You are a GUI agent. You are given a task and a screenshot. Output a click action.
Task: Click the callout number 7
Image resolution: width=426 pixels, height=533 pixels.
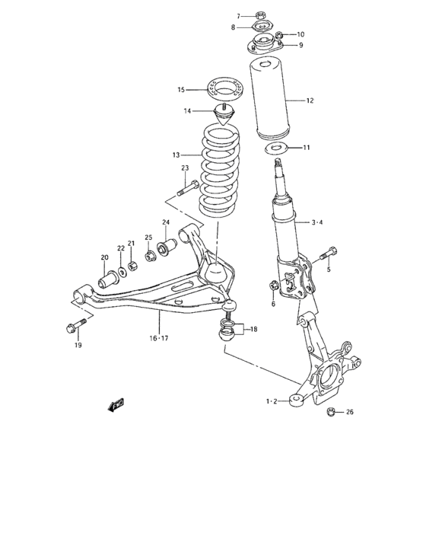pyautogui.click(x=238, y=15)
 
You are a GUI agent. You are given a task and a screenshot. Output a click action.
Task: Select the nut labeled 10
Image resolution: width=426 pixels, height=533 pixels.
pyautogui.click(x=280, y=35)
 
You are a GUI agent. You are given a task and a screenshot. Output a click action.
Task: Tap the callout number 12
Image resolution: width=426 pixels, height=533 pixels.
pyautogui.click(x=310, y=100)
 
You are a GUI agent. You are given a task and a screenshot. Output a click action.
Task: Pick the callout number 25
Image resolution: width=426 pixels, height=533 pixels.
pyautogui.click(x=149, y=237)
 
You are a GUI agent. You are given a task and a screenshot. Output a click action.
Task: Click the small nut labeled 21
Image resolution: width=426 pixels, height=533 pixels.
pyautogui.click(x=133, y=266)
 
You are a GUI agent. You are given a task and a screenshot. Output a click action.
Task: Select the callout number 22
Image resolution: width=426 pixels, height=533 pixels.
pyautogui.click(x=120, y=248)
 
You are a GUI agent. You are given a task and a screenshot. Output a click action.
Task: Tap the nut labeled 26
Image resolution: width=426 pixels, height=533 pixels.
pyautogui.click(x=330, y=413)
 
